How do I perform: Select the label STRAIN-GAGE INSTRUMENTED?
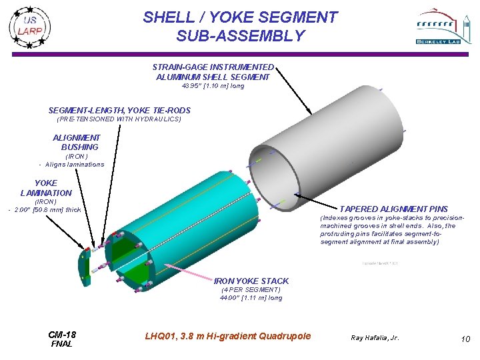pyautogui.click(x=213, y=67)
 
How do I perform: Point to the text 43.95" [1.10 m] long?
pyautogui.click(x=213, y=86)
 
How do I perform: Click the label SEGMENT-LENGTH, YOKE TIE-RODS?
pyautogui.click(x=119, y=111)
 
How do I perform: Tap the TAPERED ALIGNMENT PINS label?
pyautogui.click(x=393, y=209)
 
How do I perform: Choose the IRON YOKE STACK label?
pyautogui.click(x=251, y=281)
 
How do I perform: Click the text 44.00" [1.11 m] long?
pyautogui.click(x=251, y=298)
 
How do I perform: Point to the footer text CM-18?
pyautogui.click(x=62, y=334)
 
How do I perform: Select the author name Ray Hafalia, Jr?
pyautogui.click(x=375, y=338)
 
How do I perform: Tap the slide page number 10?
pyautogui.click(x=465, y=339)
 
